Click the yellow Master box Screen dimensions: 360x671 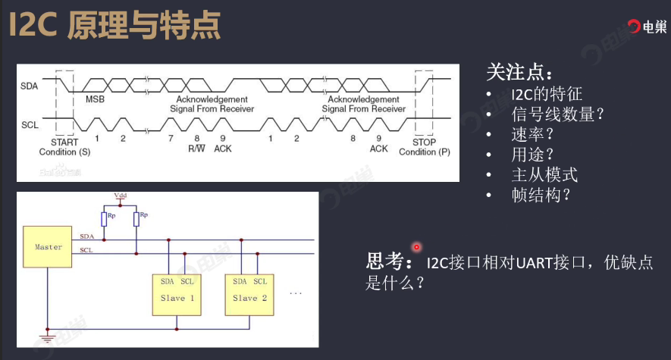[49, 246]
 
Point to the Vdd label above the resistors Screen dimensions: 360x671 [121, 196]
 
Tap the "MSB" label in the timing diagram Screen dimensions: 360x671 [95, 99]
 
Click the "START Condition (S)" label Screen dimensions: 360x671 [64, 147]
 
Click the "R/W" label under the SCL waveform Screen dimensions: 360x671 [197, 148]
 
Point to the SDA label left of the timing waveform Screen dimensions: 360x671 [29, 85]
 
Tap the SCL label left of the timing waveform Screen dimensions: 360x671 [29, 124]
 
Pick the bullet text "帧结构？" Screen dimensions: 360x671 [541, 194]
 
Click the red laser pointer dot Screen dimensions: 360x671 [416, 247]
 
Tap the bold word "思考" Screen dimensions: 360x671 [387, 261]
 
